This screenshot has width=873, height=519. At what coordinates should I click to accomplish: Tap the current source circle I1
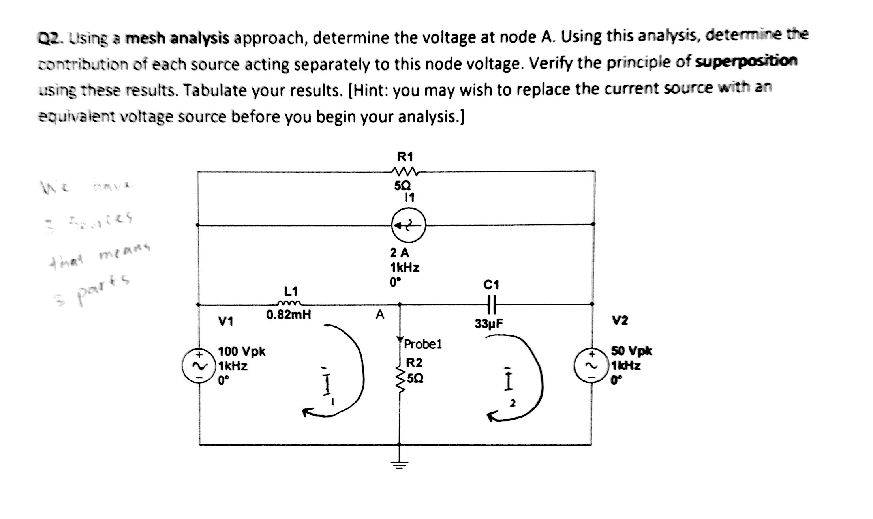[x=408, y=225]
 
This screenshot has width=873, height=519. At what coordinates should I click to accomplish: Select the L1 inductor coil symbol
[x=290, y=304]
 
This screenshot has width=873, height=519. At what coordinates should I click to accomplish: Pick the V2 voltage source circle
[x=591, y=366]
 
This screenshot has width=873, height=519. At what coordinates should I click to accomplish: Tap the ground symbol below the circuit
[x=399, y=463]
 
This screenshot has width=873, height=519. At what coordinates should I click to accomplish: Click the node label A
[x=380, y=315]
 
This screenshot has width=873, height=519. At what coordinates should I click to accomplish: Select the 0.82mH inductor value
[x=289, y=315]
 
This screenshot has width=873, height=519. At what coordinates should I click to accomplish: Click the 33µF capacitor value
[x=489, y=324]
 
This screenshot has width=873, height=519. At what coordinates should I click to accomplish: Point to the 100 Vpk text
[x=242, y=351]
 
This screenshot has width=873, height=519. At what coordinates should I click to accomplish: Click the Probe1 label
[x=423, y=344]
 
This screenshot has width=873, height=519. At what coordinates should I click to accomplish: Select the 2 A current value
[x=399, y=252]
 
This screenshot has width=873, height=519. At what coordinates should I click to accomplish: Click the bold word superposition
[x=746, y=62]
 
